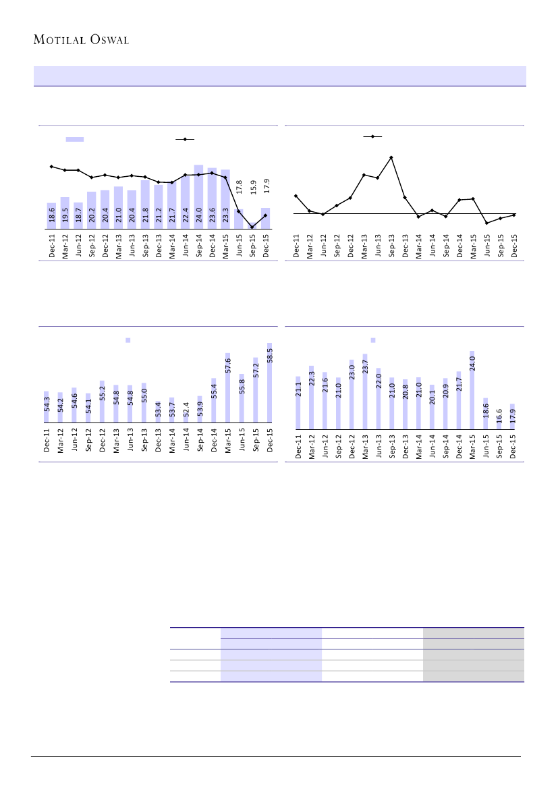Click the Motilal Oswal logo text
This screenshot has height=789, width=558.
pyautogui.click(x=82, y=39)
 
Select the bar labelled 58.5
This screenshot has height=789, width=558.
pyautogui.click(x=270, y=383)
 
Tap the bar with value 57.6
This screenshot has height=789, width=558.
pyautogui.click(x=228, y=387)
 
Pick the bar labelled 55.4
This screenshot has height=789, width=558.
pyautogui.click(x=214, y=400)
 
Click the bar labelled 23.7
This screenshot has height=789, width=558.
pyautogui.click(x=365, y=391)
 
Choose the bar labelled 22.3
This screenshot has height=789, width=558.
pyautogui.click(x=312, y=398)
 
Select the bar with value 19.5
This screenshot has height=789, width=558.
pyautogui.click(x=65, y=213)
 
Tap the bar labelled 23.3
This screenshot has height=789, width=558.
pyautogui.click(x=225, y=199)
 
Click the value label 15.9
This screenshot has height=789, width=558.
pyautogui.click(x=253, y=187)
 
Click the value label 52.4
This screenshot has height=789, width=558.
pyautogui.click(x=186, y=409)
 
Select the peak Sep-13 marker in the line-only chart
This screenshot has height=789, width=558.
pyautogui.click(x=391, y=157)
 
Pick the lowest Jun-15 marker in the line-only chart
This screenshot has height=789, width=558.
pyautogui.click(x=486, y=223)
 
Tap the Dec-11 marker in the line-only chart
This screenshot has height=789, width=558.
pyautogui.click(x=296, y=196)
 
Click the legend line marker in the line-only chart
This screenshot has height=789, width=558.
pyautogui.click(x=372, y=137)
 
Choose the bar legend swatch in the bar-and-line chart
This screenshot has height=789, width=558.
pyautogui.click(x=74, y=139)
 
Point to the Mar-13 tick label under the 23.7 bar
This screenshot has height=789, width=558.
pyautogui.click(x=365, y=446)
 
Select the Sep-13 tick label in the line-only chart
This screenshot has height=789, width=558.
pyautogui.click(x=391, y=246)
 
